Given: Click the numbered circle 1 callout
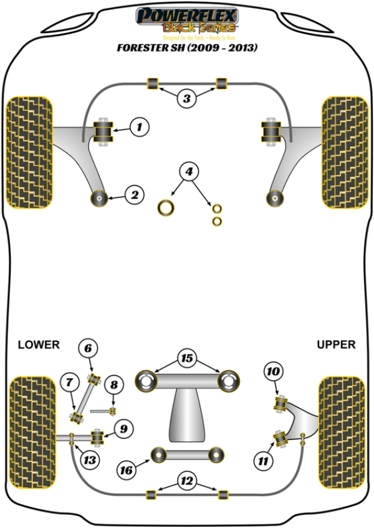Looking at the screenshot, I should coord(140,128).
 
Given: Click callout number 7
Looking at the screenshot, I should coord(70,381).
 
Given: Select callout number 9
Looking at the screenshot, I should coord(123,428).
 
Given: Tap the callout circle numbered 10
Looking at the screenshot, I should coord(273,373).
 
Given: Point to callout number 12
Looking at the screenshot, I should coord(186,481).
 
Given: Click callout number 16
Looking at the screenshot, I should coord(127,470).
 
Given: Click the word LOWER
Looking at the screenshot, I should coord(39,344).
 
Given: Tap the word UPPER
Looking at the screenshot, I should coord(336,344).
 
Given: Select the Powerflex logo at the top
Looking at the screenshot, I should coord(186,19).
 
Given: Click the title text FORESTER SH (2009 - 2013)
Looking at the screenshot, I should coord(186,47).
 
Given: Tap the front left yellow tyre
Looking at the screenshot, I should coord(29,152).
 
